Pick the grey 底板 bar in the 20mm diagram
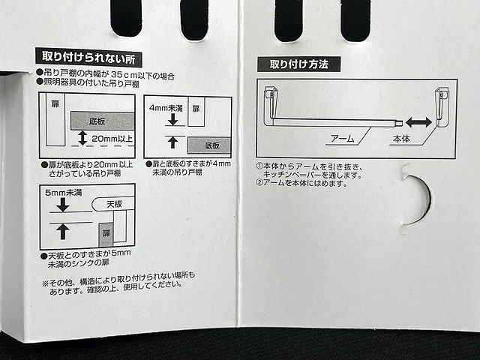pos(102,120)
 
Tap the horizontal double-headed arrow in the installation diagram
pos(418,121)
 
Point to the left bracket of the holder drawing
pos(268,97)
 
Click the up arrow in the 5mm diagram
pos(62,230)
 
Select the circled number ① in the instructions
pos(259,165)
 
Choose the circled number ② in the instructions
pos(259,182)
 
